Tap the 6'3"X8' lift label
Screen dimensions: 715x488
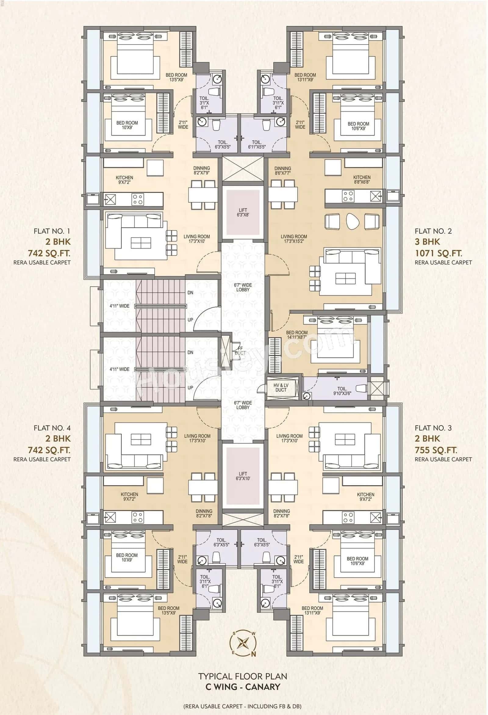[243, 212]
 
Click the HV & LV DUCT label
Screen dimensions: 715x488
[281, 387]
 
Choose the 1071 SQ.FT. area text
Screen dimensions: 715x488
[439, 253]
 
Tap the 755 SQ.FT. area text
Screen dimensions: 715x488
[436, 450]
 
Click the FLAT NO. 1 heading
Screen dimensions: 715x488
[52, 231]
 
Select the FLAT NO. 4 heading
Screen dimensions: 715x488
[52, 428]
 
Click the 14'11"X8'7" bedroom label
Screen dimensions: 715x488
[296, 335]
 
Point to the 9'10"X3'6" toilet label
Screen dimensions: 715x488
[342, 391]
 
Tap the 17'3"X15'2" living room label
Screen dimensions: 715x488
[294, 239]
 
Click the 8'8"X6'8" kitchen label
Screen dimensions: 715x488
[362, 180]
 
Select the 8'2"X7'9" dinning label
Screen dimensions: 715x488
[202, 170]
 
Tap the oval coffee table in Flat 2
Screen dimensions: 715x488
[352, 221]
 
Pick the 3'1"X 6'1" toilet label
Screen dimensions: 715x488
[204, 103]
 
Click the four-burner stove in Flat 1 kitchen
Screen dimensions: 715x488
[137, 198]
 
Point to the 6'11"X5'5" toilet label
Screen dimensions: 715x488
[257, 145]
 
